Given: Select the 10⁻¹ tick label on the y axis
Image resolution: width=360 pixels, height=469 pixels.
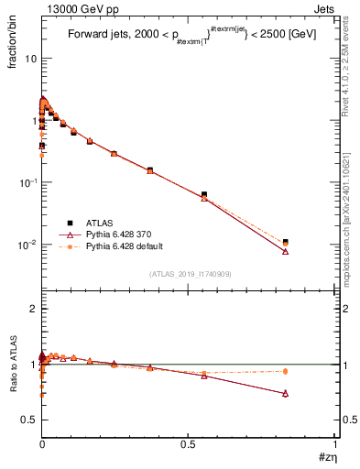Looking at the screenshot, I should click(x=27, y=182).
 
